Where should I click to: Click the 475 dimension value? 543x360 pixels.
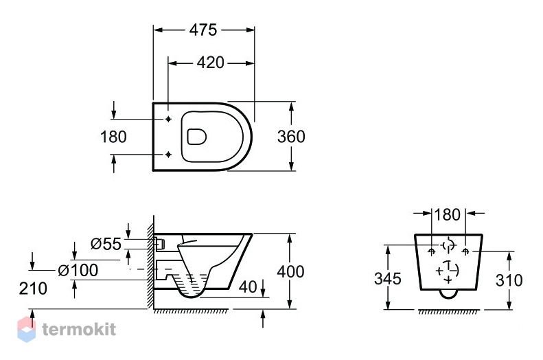203,30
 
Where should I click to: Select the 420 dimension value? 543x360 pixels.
211,63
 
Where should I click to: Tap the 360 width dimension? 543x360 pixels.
291,137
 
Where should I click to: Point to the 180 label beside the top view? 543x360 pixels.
113,137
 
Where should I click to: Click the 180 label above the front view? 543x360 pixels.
447,214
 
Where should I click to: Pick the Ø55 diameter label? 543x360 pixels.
106,244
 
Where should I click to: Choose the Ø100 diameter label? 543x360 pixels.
78,270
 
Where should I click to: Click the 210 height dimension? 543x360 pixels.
33,289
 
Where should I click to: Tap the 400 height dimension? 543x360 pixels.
290,271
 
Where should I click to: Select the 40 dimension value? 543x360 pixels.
248,286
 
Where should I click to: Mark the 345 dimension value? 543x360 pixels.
387,278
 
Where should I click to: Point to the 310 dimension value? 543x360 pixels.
509,280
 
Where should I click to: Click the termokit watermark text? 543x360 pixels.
79,329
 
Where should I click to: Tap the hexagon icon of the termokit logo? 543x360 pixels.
27,329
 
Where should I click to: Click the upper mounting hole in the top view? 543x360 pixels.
168,119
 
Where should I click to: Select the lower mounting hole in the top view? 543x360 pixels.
168,154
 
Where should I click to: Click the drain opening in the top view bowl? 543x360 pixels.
197,137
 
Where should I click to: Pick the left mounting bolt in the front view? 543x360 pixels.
432,251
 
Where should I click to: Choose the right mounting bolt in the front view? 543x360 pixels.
466,251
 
